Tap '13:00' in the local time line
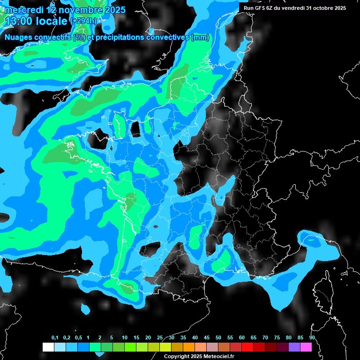tap(19, 21)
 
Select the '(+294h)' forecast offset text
tap(83, 21)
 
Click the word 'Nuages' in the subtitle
tap(19, 37)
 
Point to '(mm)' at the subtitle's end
tap(200, 37)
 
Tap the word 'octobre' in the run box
tap(318, 8)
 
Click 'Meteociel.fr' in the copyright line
tap(221, 357)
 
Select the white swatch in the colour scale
tap(48, 347)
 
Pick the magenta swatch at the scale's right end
tap(306, 347)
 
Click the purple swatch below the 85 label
tap(294, 347)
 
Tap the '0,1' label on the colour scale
tap(55, 338)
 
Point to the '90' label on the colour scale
tap(312, 338)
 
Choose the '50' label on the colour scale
tap(218, 338)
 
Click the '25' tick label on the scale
tap(160, 338)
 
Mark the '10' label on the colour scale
tap(125, 338)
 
